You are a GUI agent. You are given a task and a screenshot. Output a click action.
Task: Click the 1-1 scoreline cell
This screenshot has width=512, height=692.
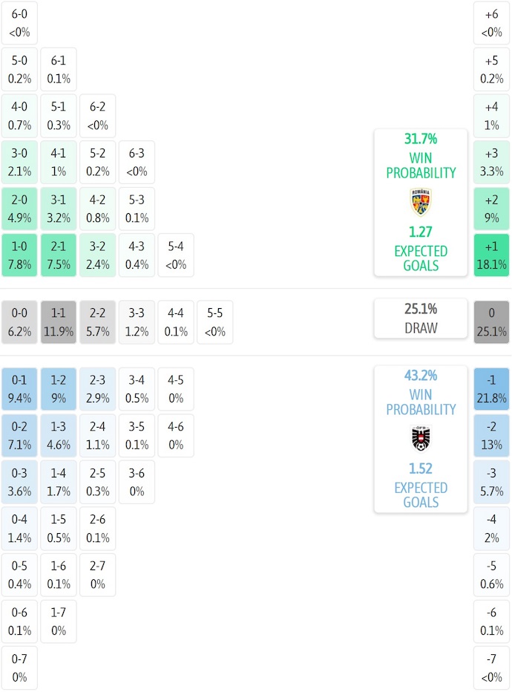click(59, 321)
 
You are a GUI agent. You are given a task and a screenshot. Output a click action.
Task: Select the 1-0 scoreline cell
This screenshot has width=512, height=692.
click(20, 255)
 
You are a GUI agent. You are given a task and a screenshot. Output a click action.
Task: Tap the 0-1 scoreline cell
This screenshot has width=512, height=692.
click(20, 389)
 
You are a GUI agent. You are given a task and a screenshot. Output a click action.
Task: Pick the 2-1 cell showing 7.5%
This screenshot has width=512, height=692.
click(59, 255)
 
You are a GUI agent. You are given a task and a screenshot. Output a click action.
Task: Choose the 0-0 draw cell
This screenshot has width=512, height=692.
click(20, 321)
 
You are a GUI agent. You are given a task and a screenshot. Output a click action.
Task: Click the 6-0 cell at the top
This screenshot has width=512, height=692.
click(20, 22)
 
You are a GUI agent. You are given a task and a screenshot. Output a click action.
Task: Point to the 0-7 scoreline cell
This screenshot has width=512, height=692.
click(20, 667)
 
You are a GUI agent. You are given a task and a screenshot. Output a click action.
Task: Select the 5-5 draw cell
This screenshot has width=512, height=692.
click(214, 321)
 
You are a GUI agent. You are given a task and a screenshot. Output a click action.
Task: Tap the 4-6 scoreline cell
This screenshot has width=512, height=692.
click(175, 436)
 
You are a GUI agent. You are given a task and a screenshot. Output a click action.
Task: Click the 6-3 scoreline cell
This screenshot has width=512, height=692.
click(137, 163)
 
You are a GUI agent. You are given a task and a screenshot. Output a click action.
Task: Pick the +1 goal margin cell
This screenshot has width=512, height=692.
click(491, 255)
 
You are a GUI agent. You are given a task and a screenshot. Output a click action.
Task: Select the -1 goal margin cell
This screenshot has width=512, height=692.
click(491, 389)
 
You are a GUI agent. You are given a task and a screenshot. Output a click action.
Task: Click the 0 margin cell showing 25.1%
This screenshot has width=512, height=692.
click(491, 321)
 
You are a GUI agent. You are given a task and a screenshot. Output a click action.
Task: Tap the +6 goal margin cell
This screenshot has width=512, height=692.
click(491, 22)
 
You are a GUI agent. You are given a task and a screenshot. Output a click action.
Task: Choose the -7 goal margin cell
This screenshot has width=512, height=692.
click(491, 667)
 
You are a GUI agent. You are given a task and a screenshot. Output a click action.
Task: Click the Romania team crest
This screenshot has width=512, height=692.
click(421, 202)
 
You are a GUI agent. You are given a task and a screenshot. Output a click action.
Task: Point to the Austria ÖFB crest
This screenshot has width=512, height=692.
click(421, 439)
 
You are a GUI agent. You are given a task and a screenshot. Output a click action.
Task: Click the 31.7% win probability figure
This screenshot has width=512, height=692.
click(421, 139)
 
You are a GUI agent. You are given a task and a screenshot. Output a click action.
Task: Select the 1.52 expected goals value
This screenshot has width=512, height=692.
click(421, 469)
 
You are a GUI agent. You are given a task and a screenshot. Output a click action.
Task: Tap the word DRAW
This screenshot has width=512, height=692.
click(421, 328)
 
